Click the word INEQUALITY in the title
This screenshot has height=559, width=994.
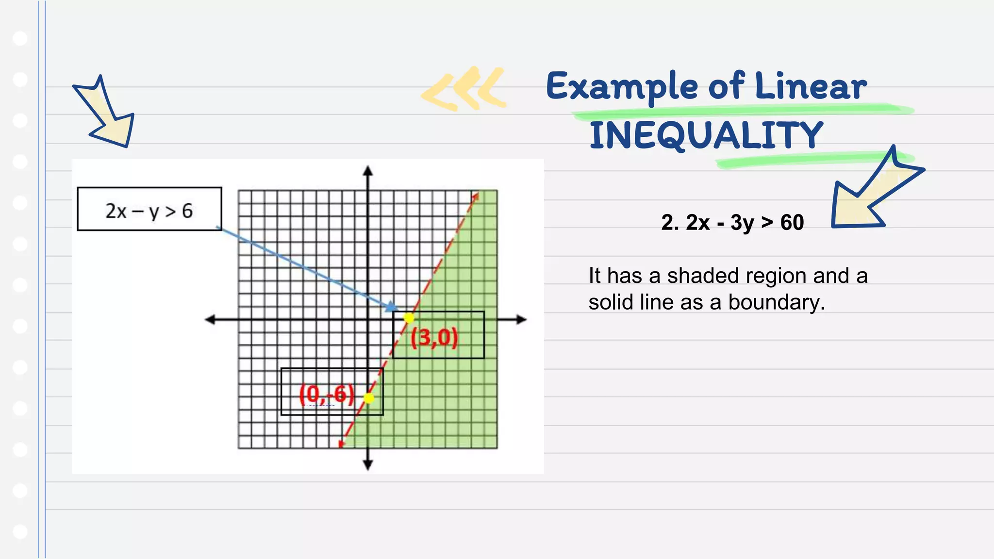point(706,135)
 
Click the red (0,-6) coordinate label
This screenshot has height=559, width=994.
point(327,394)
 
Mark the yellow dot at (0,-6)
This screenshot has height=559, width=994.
point(369,398)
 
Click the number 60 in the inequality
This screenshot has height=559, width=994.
point(792,223)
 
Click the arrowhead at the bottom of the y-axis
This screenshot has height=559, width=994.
point(368,465)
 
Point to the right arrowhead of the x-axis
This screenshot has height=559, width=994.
point(522,319)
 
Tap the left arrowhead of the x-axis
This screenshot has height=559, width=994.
point(210,319)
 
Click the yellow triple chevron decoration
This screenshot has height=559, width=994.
point(464,88)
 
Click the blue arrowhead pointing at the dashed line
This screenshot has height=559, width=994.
point(391,307)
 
